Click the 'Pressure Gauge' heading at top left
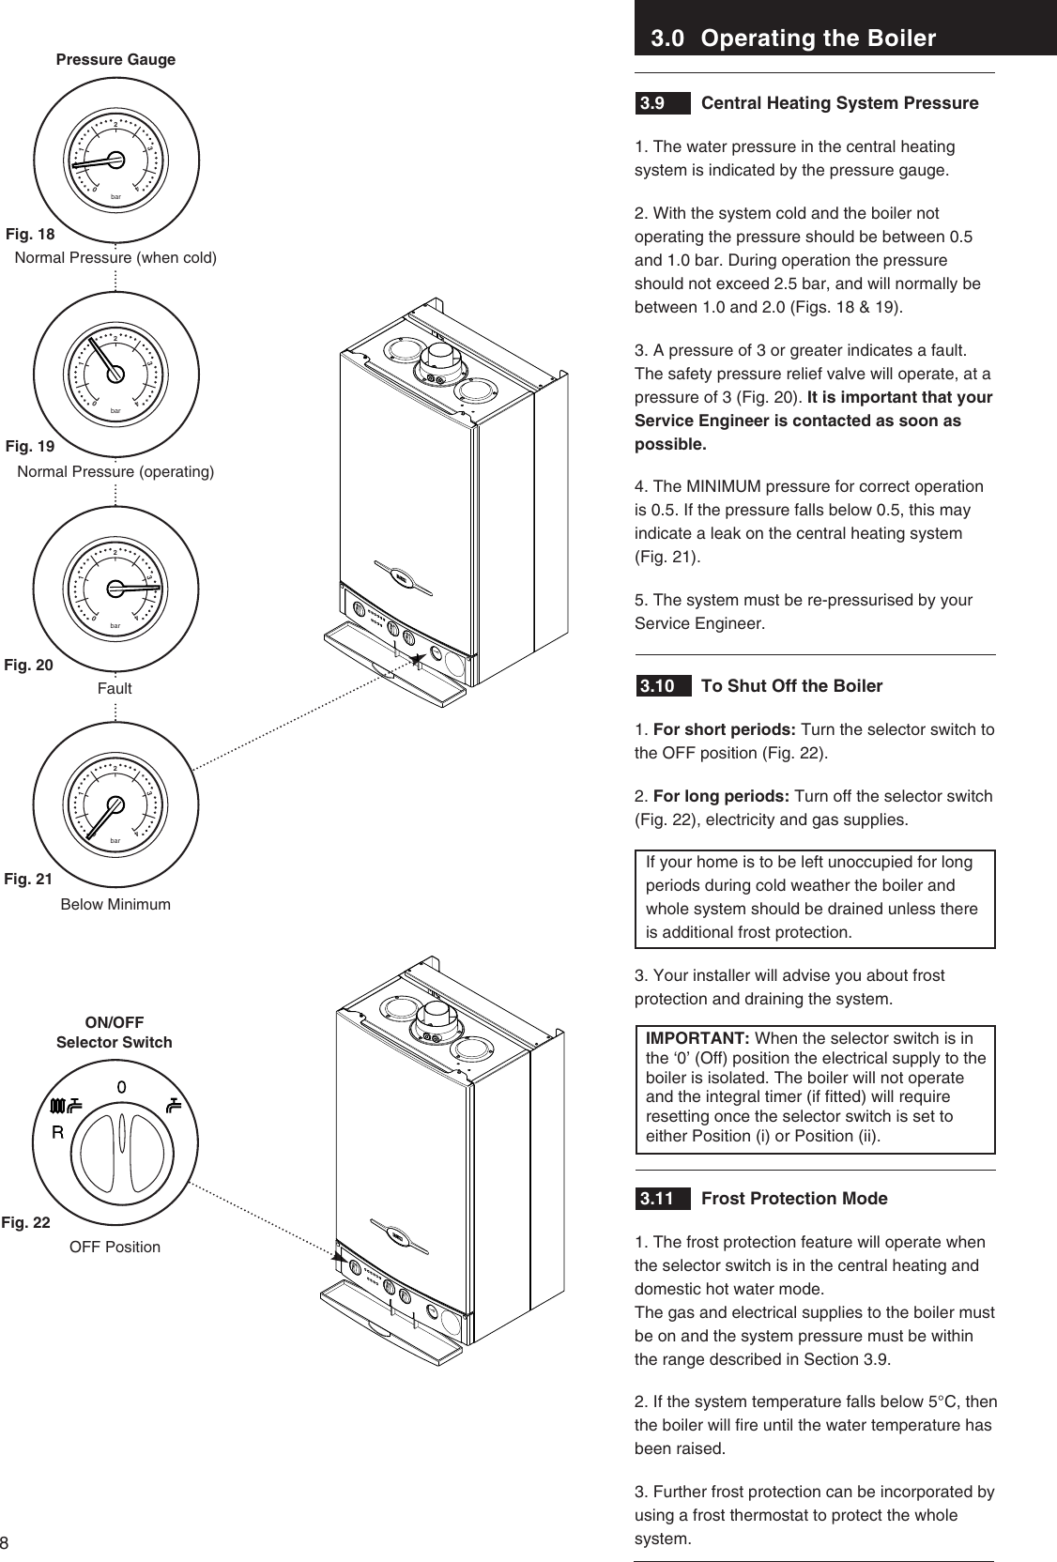[115, 59]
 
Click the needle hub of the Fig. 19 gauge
[115, 374]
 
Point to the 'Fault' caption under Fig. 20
[115, 688]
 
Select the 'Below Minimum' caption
[115, 905]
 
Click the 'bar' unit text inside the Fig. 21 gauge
[115, 840]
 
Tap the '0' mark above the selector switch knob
[121, 1086]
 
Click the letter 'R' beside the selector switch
[57, 1131]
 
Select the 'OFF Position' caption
[115, 1247]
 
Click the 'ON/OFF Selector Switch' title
[115, 1032]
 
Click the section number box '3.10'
[657, 686]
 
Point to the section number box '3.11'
[657, 1199]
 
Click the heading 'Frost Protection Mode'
[794, 1199]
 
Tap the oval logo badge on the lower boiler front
[404, 1235]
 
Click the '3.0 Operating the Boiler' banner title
[793, 38]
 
